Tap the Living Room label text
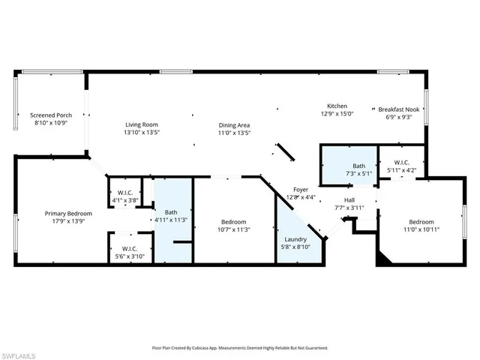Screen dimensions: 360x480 click(x=141, y=124)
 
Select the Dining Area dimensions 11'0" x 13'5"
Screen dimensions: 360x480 click(x=234, y=133)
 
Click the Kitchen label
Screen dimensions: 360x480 click(x=337, y=106)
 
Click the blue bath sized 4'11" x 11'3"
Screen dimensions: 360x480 click(x=172, y=217)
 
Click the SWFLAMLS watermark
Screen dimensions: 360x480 click(x=19, y=352)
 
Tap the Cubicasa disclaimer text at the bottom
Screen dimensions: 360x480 click(x=240, y=348)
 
